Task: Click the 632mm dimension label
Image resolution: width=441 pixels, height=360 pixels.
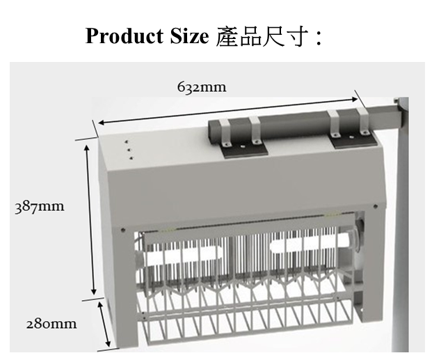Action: click(x=202, y=86)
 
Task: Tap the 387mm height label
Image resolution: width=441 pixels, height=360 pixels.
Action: click(x=40, y=207)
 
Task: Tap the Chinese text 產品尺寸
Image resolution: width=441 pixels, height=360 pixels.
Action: click(x=261, y=36)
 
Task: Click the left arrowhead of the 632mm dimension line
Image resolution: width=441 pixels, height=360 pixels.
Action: click(x=99, y=123)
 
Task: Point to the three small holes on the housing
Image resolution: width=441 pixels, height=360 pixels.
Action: click(x=129, y=151)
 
